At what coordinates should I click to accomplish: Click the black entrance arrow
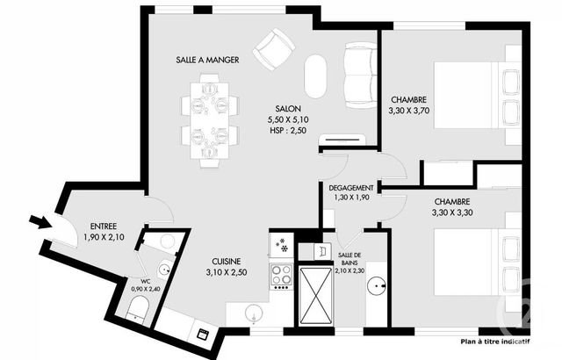pyautogui.click(x=39, y=221)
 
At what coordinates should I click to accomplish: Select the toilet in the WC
pyautogui.click(x=136, y=308)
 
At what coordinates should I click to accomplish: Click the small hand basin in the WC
pyautogui.click(x=164, y=270)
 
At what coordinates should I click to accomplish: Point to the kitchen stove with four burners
pyautogui.click(x=282, y=276)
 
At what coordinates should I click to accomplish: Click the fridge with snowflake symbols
pyautogui.click(x=282, y=245)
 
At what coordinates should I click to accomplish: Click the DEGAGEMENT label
pyautogui.click(x=351, y=188)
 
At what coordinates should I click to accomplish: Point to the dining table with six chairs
pyautogui.click(x=210, y=119)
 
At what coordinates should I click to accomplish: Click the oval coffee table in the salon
pyautogui.click(x=315, y=77)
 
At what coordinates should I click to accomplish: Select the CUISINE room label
pyautogui.click(x=233, y=261)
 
